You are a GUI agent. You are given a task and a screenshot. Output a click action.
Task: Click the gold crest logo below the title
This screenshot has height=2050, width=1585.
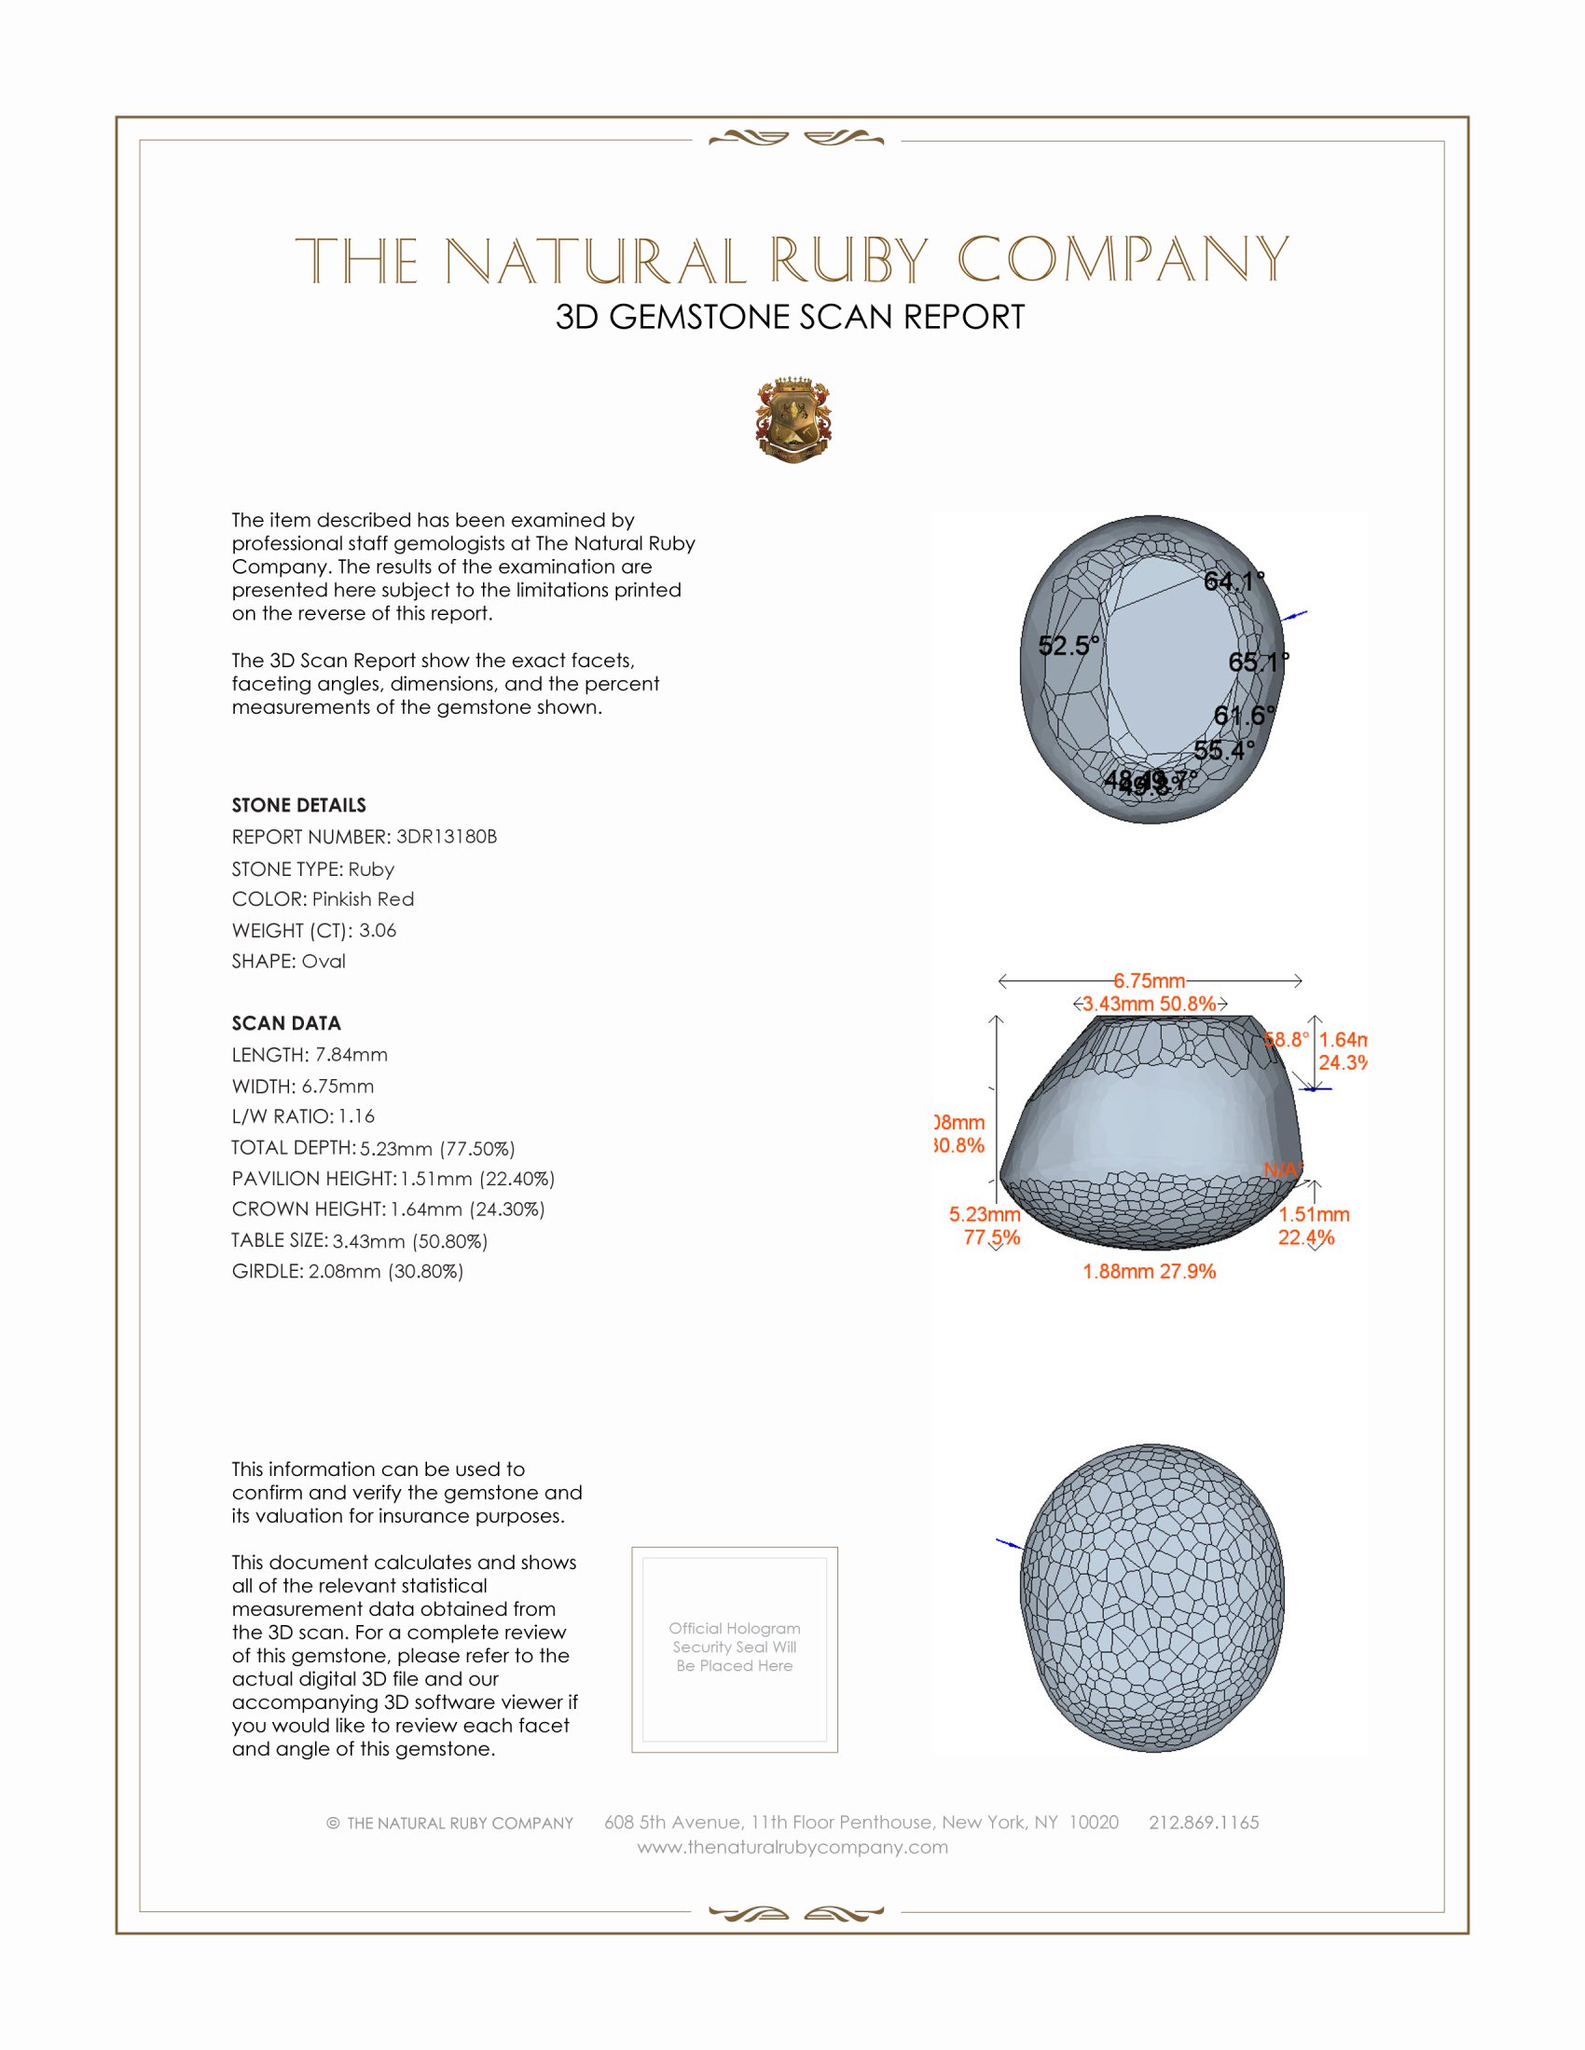tap(793, 420)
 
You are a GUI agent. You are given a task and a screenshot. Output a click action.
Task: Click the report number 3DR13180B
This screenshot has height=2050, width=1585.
tap(446, 837)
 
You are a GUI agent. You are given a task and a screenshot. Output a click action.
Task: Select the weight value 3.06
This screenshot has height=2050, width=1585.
tap(378, 930)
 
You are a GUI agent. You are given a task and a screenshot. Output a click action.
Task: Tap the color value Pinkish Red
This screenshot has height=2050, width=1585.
tap(363, 899)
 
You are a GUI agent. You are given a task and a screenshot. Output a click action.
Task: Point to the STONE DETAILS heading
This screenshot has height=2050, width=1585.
tap(298, 805)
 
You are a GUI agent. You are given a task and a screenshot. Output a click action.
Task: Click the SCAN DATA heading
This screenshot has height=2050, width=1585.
tap(286, 1023)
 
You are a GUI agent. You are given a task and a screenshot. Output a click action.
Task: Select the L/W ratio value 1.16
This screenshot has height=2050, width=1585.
tap(357, 1117)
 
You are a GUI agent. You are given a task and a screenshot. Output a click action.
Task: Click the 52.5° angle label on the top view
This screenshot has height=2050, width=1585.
tap(1068, 646)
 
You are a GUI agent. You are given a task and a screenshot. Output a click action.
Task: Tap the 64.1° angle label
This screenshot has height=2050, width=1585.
tap(1234, 581)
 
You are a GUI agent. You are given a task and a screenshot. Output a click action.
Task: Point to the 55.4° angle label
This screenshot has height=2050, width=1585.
tap(1224, 750)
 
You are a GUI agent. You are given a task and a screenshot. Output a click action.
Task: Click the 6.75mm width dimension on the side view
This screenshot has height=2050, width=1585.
tap(1150, 981)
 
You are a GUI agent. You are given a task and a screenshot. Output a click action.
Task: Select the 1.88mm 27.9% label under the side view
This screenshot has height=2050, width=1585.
tap(1150, 1272)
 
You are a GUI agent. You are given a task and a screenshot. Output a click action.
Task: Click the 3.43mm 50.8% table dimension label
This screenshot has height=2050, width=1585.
tap(1150, 1004)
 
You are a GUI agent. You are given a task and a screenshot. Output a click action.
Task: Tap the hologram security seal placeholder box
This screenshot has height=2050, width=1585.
tap(735, 1649)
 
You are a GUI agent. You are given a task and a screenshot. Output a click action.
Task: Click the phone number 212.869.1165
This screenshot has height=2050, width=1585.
tap(1204, 1823)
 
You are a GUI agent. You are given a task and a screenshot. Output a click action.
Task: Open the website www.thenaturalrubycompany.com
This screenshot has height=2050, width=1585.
tap(792, 1847)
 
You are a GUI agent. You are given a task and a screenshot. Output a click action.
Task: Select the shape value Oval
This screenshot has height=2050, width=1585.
tap(323, 962)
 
